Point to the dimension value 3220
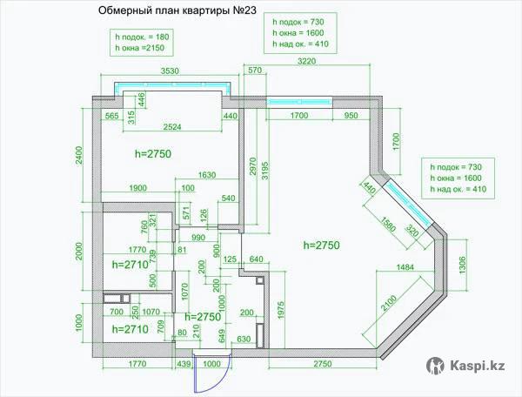pyautogui.click(x=306, y=61)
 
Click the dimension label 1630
pyautogui.click(x=207, y=175)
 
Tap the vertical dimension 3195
pyautogui.click(x=265, y=167)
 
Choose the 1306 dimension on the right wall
pyautogui.click(x=462, y=262)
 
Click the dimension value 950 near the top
pyautogui.click(x=351, y=115)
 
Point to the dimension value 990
pyautogui.click(x=198, y=237)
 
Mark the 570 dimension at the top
pyautogui.click(x=254, y=70)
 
